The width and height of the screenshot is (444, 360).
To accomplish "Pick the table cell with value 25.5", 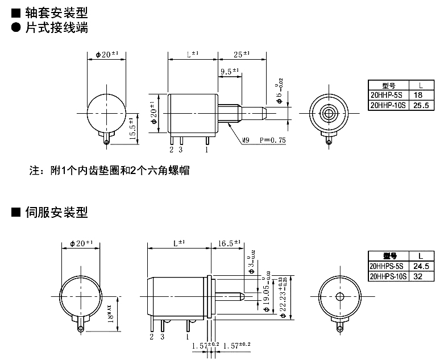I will tap(417, 105).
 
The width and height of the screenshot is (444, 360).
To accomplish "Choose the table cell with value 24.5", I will tap(420, 266).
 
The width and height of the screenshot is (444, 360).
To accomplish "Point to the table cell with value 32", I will tap(420, 276).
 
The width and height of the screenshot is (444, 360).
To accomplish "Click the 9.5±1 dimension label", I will tap(229, 72).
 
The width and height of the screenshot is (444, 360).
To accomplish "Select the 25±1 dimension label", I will tap(241, 54).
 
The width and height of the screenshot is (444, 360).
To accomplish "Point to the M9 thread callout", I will tap(246, 140).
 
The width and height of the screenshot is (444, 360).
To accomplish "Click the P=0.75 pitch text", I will tap(272, 140).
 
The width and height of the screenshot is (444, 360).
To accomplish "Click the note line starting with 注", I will tap(109, 170).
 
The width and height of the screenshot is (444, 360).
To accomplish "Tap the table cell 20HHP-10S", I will tap(386, 105).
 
